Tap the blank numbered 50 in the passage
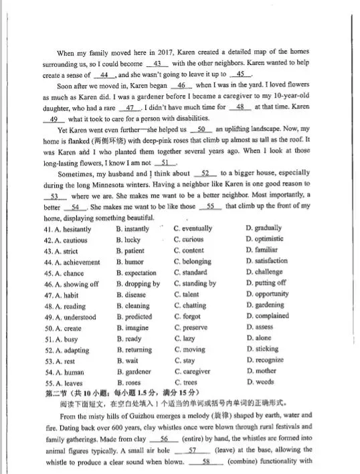pos(201,129)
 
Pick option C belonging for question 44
pos(193,262)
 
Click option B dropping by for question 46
pos(138,284)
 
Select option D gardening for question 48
pos(267,306)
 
